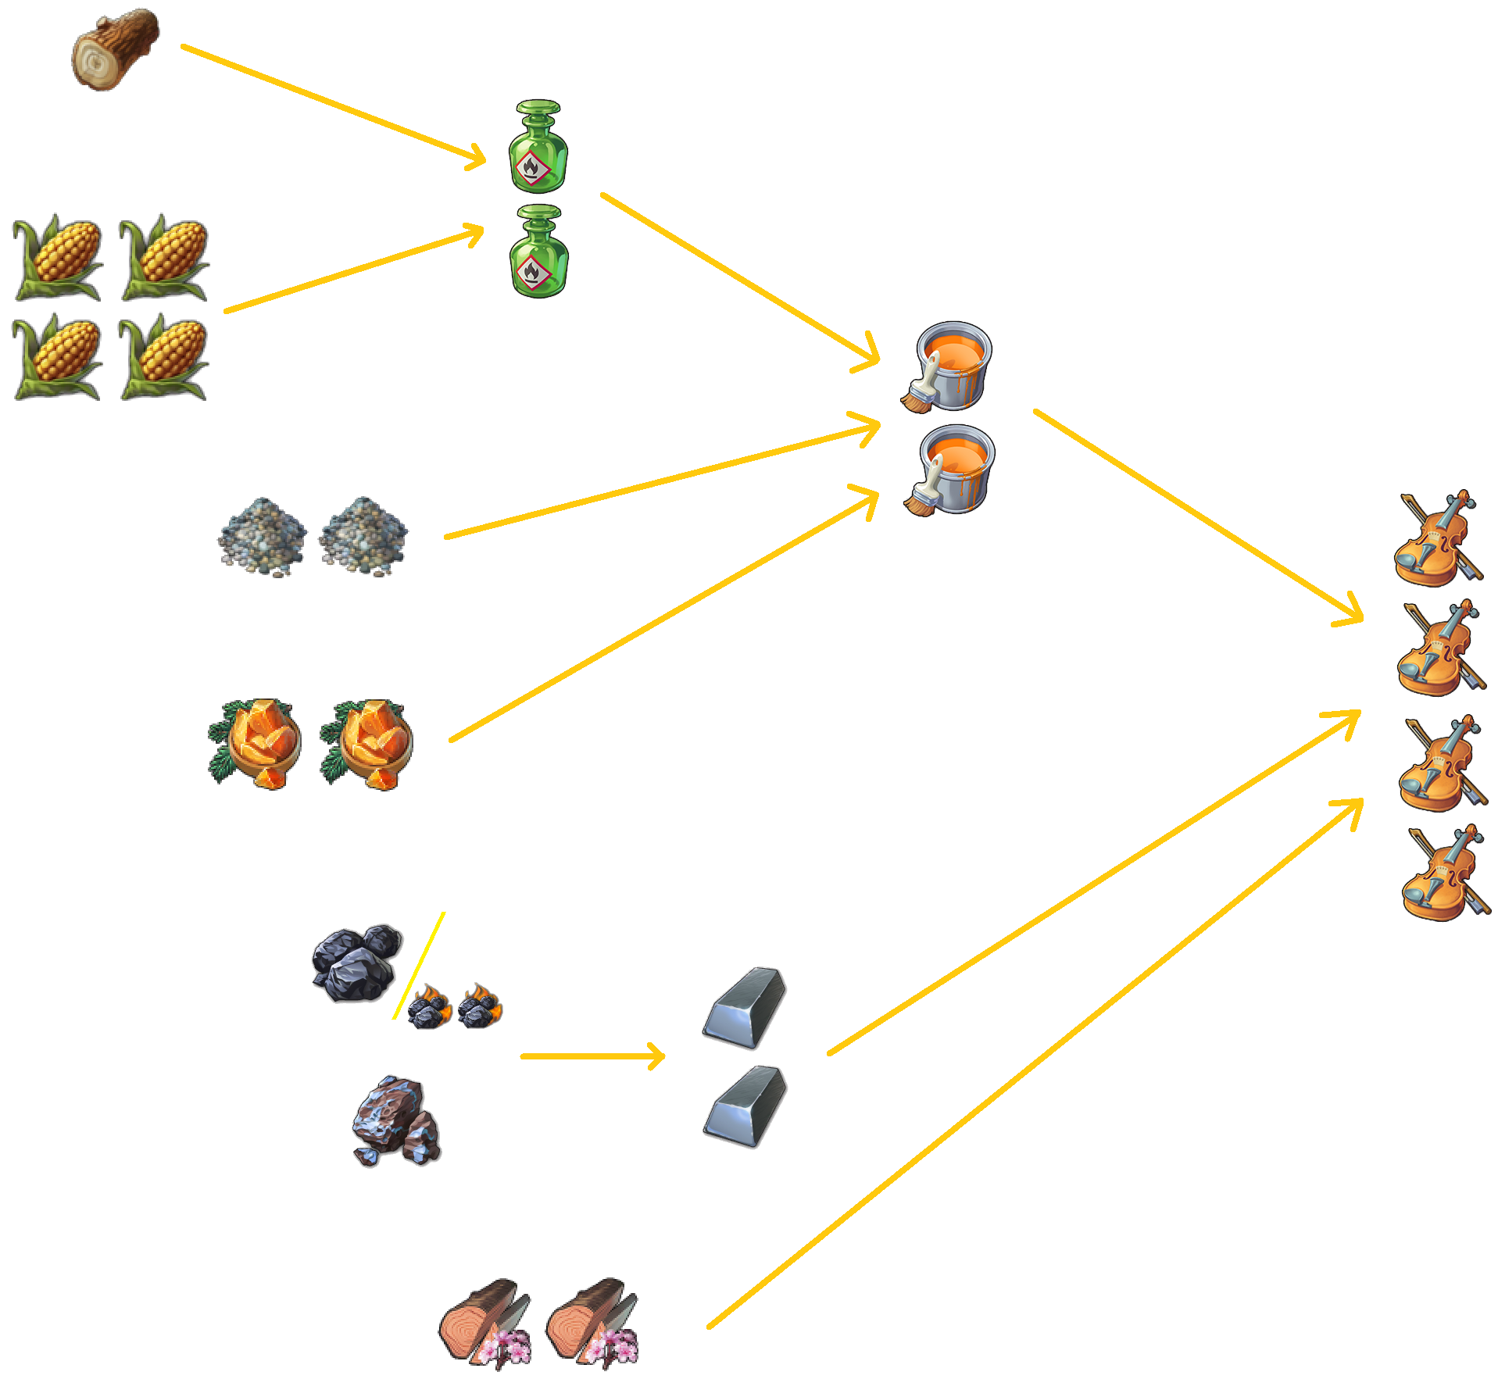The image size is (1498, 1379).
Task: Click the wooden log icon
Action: [x=116, y=49]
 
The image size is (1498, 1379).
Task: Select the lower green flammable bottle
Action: [x=538, y=252]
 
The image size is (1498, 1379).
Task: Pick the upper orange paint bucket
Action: [x=949, y=366]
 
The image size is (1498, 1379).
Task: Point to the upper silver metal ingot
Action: [x=744, y=1008]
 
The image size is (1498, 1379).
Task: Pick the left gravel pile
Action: [x=262, y=536]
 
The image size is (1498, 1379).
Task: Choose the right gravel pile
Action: [x=364, y=536]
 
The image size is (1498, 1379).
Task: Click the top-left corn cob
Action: [x=58, y=257]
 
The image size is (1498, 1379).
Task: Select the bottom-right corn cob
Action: [x=164, y=356]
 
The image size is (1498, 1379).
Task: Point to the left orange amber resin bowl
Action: [x=256, y=743]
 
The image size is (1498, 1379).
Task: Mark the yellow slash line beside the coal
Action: [x=418, y=966]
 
